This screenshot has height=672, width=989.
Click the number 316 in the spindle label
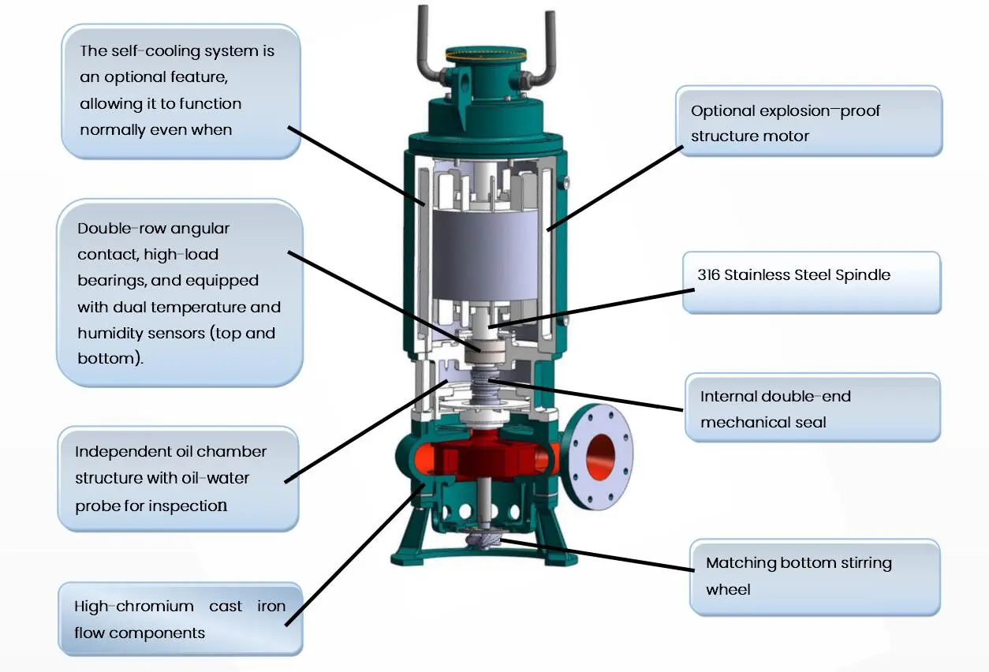tap(708, 274)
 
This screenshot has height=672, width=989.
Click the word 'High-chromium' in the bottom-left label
tap(134, 607)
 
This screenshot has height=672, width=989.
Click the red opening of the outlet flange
tap(600, 457)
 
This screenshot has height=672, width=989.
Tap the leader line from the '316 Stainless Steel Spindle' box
tap(592, 308)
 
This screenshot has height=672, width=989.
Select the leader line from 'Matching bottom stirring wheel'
tap(597, 554)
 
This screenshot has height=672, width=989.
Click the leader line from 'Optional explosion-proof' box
tap(615, 189)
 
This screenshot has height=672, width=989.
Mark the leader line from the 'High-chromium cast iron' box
tap(356, 554)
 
